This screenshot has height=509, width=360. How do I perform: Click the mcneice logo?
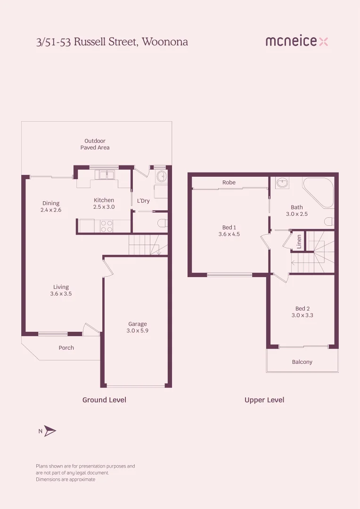296,41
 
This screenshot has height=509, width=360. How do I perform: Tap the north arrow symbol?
50,431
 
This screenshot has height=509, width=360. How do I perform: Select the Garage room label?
138,324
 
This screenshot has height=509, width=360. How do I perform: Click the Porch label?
66,348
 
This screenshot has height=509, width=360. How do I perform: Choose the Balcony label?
302,362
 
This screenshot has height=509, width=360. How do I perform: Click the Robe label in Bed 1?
229,182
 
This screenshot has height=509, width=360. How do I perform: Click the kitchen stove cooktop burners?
106,226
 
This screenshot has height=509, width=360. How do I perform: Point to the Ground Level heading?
104,400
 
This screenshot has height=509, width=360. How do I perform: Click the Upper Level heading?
264,400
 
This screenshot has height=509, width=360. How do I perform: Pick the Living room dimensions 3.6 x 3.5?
61,294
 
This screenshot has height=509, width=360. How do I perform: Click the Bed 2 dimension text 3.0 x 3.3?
303,315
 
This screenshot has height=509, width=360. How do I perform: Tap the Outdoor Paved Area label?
95,144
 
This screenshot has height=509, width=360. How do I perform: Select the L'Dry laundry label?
143,201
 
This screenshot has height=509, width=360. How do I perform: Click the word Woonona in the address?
165,42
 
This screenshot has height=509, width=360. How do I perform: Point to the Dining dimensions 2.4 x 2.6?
51,210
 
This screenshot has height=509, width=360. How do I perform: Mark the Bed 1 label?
229,227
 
